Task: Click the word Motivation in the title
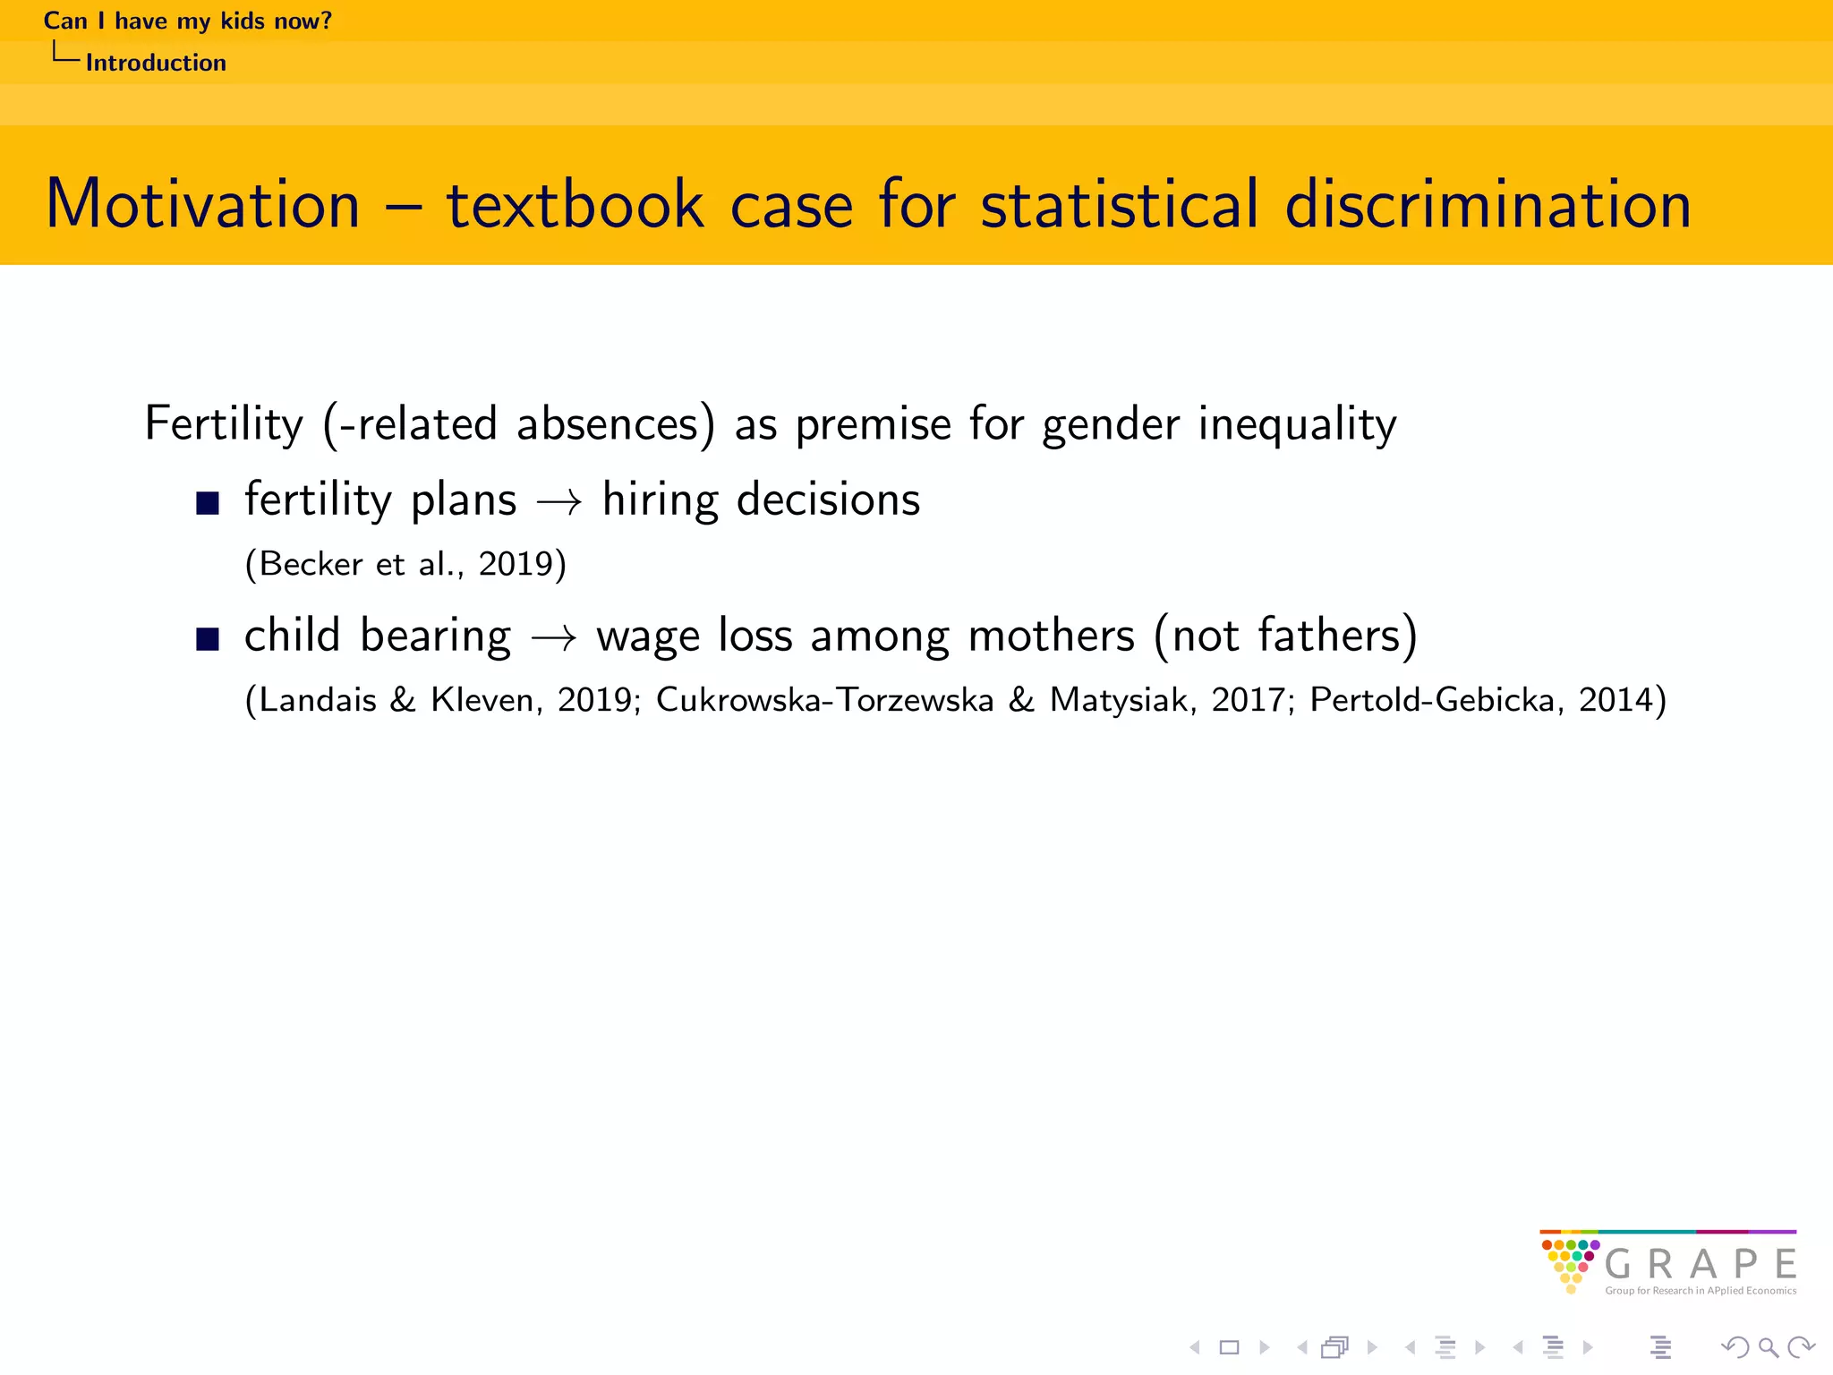pos(202,204)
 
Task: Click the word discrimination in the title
pos(1487,204)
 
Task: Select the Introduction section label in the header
pos(156,63)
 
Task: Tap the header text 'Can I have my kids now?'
pos(188,21)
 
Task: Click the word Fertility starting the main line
pos(224,423)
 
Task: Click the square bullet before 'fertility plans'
pos(208,503)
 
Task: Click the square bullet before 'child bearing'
pos(208,639)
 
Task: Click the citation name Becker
pos(311,564)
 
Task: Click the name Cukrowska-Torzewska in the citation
pos(824,700)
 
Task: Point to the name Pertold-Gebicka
pos(1432,700)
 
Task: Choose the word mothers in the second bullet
pos(1051,636)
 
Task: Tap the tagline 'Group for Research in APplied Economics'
pos(1701,1291)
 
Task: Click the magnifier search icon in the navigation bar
pos(1768,1347)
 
